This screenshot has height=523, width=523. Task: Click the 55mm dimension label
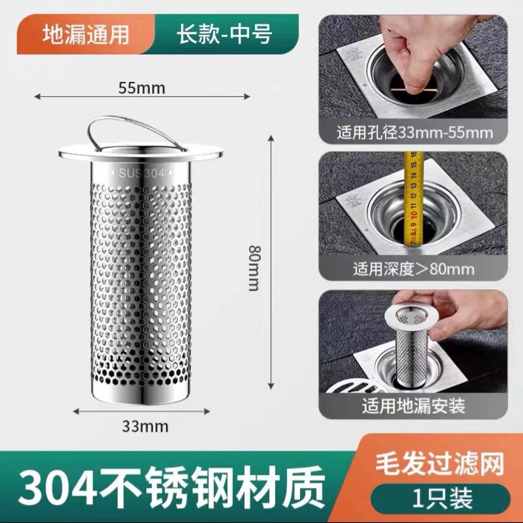click(142, 88)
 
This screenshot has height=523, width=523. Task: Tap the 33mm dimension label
click(145, 426)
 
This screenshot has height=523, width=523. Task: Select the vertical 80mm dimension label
click(254, 268)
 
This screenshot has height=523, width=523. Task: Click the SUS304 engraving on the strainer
click(142, 173)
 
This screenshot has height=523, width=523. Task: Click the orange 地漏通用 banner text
click(86, 34)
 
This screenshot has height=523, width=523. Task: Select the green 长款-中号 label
click(224, 34)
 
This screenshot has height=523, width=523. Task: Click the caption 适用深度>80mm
click(413, 269)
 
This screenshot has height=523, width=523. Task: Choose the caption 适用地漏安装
click(413, 406)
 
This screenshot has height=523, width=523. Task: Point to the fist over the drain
click(407, 53)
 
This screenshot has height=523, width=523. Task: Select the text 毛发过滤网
click(439, 464)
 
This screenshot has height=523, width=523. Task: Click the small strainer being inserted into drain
click(411, 346)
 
